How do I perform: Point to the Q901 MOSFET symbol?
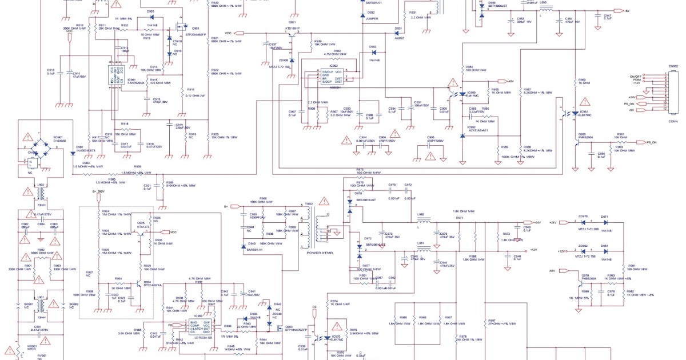pyautogui.click(x=183, y=27)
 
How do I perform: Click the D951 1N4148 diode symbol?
pyautogui.click(x=604, y=251)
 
